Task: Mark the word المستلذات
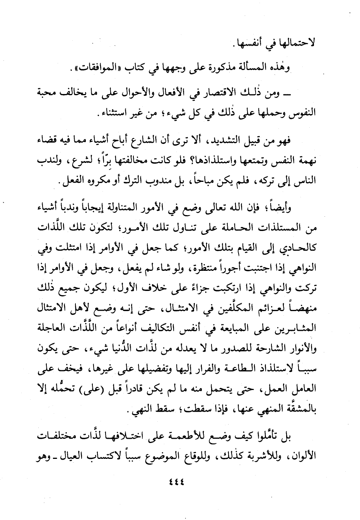click(x=277, y=228)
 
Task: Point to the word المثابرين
click(x=298, y=329)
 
